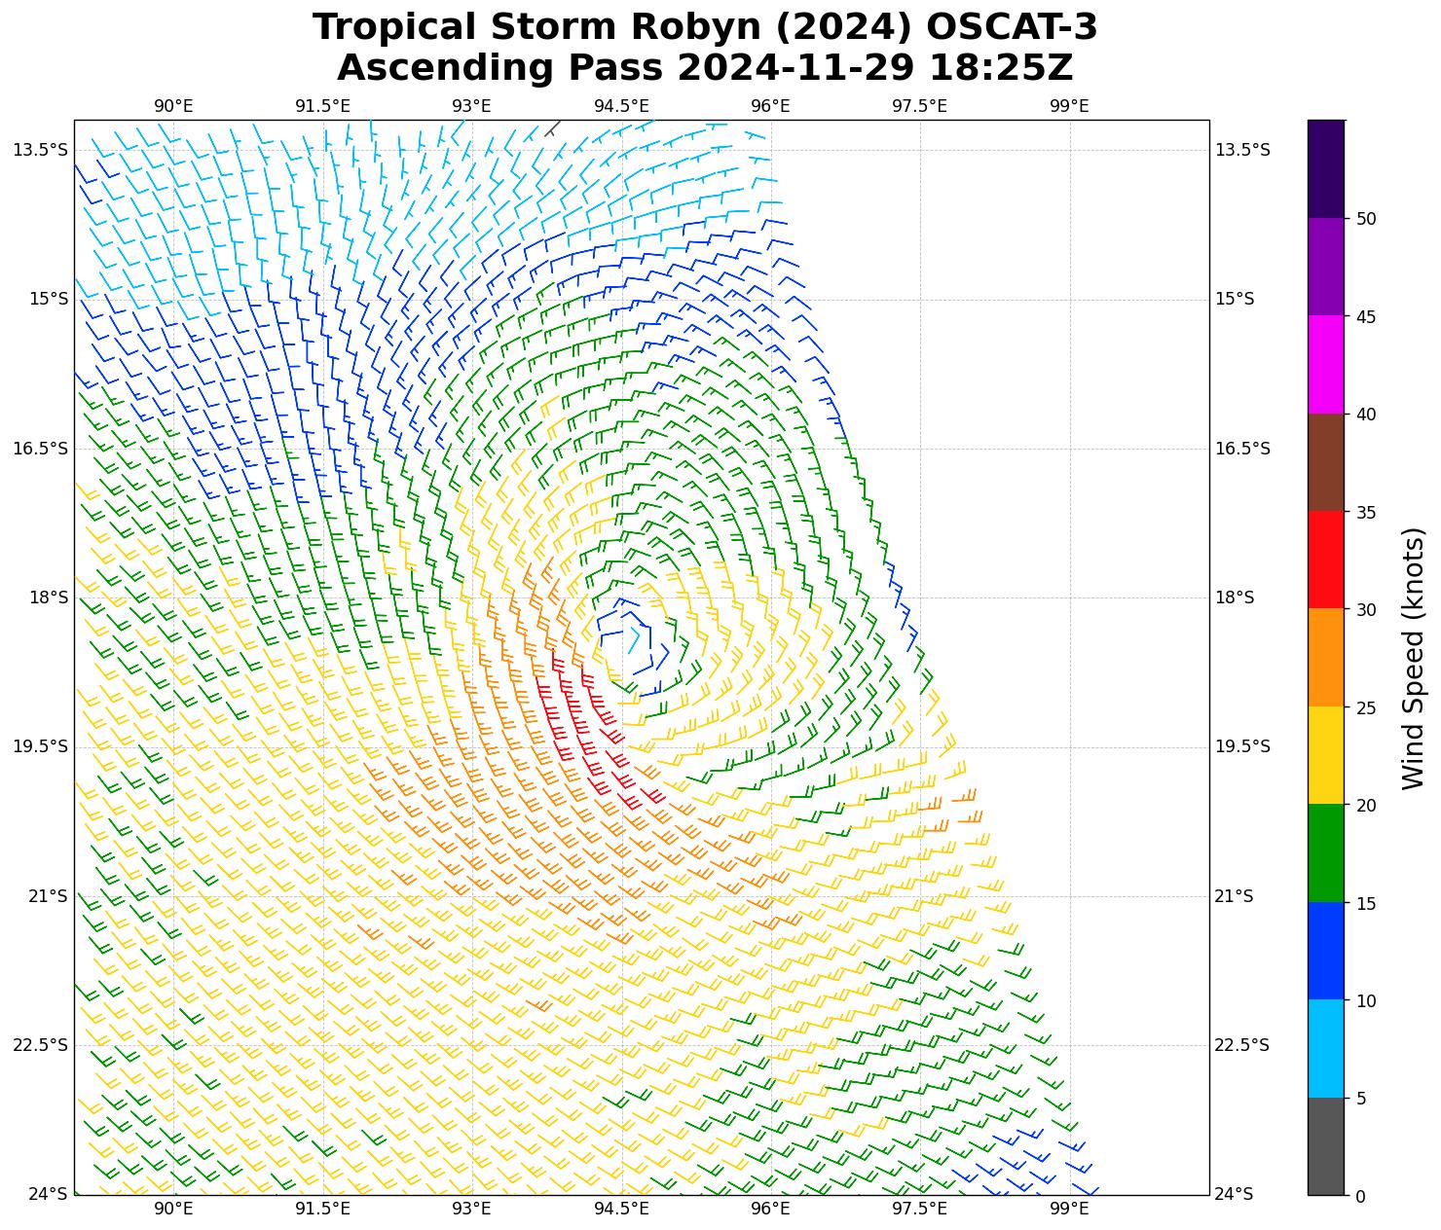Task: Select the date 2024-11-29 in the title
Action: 797,68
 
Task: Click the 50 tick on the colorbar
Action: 1366,219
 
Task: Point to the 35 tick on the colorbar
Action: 1366,512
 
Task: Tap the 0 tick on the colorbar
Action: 1361,1196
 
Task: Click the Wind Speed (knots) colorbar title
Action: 1413,658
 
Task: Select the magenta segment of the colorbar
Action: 1325,364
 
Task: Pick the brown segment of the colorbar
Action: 1325,462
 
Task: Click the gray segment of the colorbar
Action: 1325,1146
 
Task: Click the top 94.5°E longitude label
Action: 621,106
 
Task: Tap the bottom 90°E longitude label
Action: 173,1209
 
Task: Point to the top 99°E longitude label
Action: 1069,106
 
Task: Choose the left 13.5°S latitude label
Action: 41,150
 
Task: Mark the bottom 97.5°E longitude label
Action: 919,1209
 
